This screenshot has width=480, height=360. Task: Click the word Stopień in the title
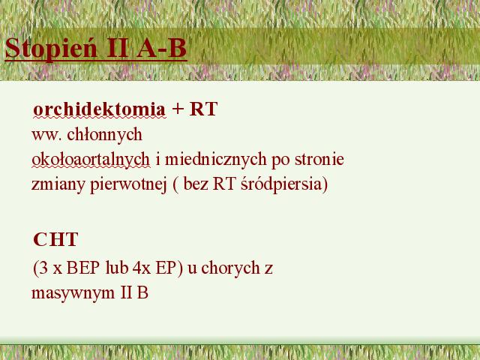[x=52, y=48]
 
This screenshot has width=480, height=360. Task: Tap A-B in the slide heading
[x=162, y=47]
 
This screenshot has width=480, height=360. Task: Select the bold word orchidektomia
[x=100, y=109]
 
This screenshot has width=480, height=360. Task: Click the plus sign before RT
[x=178, y=109]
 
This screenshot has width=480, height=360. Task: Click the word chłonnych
[x=105, y=135]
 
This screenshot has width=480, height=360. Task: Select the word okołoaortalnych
[x=91, y=159]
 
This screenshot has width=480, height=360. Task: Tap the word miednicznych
[x=216, y=159]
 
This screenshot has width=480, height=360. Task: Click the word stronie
[x=319, y=159]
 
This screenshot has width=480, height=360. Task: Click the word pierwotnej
[x=128, y=184]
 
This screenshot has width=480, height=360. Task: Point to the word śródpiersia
[x=282, y=184]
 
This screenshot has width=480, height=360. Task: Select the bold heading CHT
[x=55, y=239]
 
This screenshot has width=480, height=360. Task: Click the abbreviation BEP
[x=82, y=268]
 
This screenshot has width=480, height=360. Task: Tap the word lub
[x=117, y=268]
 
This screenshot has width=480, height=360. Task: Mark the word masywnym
[x=73, y=293]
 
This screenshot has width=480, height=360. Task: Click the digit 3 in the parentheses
[x=43, y=268]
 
